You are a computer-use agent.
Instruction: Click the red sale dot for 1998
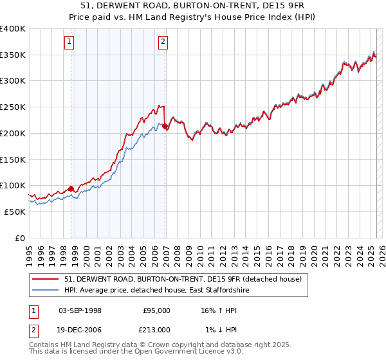coord(71,188)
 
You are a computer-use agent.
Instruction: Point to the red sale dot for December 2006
coord(165,127)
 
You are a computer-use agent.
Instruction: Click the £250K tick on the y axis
coord(14,107)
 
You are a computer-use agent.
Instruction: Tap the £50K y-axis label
coord(15,212)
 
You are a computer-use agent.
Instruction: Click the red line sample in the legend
coord(46,279)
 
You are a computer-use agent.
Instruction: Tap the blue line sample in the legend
coord(46,291)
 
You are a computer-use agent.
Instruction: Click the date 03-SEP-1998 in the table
coord(80,310)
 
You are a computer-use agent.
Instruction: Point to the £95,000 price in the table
coord(156,310)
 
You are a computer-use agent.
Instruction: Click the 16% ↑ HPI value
coord(219,310)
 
